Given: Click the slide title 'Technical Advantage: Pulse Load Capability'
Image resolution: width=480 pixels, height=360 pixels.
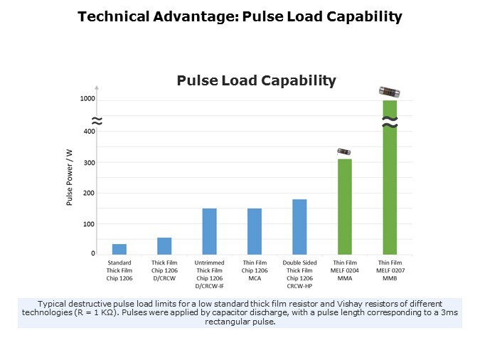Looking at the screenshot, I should (x=240, y=16).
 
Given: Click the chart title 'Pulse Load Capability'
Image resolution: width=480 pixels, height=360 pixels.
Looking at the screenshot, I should (x=256, y=80).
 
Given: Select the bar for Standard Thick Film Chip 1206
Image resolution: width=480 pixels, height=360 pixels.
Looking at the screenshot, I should (x=119, y=249).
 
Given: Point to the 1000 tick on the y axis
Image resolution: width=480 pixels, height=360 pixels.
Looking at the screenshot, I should (x=87, y=98).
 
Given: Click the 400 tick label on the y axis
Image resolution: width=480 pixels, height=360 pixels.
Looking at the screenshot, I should (x=89, y=132).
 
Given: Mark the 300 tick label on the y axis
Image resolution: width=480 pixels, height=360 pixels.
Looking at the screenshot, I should (x=89, y=163).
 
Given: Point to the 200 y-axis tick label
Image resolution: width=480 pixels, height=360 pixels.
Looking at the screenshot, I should (x=89, y=194).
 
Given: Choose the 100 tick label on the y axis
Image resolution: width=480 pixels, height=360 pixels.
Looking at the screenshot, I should (x=89, y=224).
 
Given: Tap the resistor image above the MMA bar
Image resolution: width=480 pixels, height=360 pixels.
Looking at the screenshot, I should (x=344, y=152).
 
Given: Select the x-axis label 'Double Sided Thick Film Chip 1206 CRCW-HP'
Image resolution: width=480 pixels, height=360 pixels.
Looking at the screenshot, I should (x=299, y=274).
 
